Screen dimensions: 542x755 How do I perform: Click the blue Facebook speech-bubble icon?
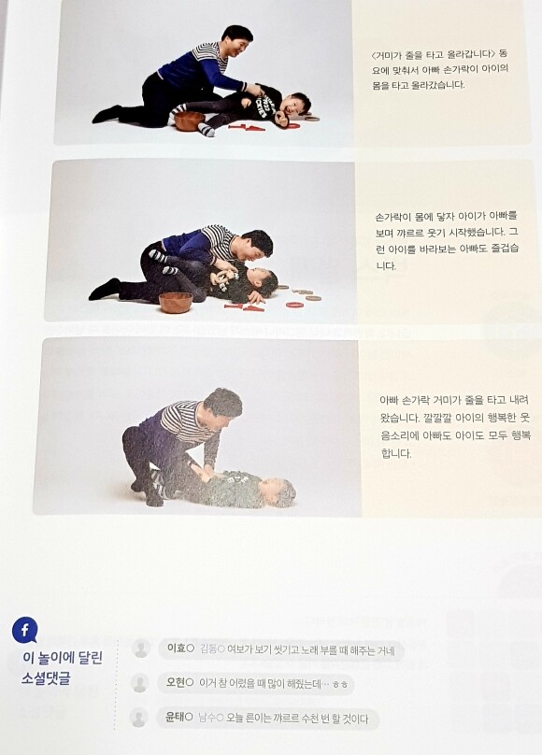24,630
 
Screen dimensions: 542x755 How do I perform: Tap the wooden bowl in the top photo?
190,121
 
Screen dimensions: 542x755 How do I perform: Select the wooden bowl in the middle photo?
175,302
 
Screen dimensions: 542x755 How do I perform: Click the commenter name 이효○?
180,648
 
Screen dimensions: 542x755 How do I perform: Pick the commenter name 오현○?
179,683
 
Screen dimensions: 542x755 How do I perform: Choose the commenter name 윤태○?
178,718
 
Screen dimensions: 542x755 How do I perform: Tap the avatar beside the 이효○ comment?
141,648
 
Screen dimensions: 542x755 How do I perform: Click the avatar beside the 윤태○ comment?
138,718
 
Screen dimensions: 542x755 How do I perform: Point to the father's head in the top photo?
237,40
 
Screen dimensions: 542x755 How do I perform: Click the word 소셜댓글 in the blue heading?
46,678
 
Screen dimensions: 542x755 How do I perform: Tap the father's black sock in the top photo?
107,114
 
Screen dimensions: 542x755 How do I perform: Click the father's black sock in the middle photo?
104,289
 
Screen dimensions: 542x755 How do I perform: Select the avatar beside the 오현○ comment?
139,683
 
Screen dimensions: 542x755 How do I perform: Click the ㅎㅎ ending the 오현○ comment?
340,685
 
